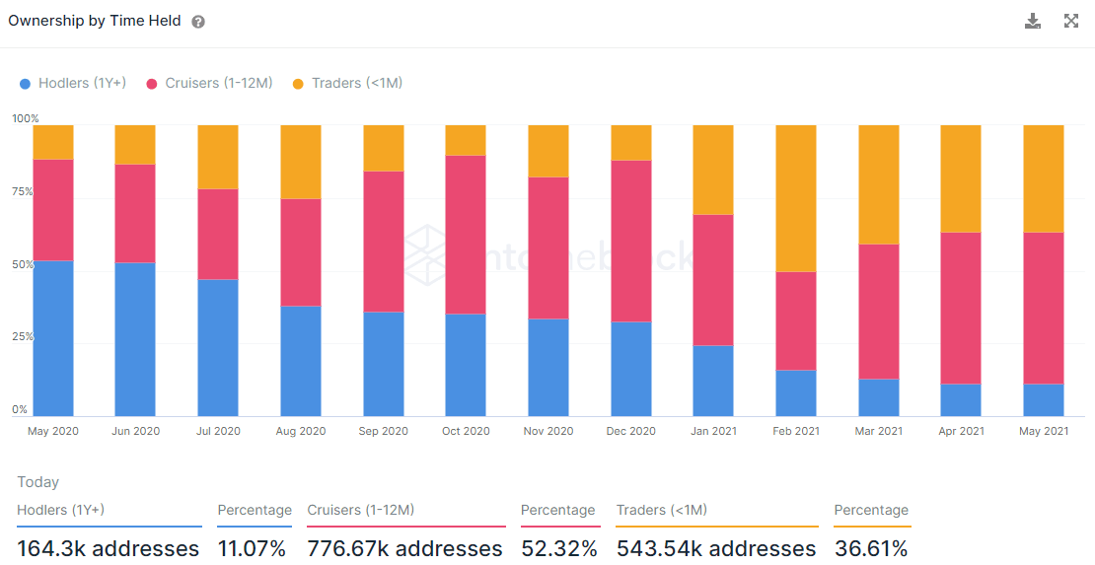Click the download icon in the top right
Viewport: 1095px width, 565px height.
(1033, 21)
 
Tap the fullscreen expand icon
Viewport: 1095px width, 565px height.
(1071, 21)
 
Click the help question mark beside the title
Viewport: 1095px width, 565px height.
(198, 22)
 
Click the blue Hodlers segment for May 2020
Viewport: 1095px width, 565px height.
(53, 338)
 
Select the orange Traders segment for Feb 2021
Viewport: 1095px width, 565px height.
(796, 197)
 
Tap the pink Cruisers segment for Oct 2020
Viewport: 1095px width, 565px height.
(466, 235)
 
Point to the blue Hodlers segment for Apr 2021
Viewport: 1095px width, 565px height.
(961, 399)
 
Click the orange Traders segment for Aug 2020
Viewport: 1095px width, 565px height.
(301, 162)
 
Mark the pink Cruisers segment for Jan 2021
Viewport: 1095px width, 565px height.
(713, 280)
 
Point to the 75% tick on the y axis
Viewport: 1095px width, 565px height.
(23, 192)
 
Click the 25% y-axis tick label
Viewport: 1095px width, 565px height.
(23, 337)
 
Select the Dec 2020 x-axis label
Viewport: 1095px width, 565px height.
(631, 431)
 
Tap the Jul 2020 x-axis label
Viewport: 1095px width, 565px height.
(218, 431)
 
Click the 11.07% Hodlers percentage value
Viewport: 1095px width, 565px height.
(254, 548)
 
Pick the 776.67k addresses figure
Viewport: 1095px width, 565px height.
(404, 548)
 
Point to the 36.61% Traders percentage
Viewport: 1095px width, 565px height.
(871, 548)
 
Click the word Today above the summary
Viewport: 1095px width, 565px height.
(38, 482)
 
